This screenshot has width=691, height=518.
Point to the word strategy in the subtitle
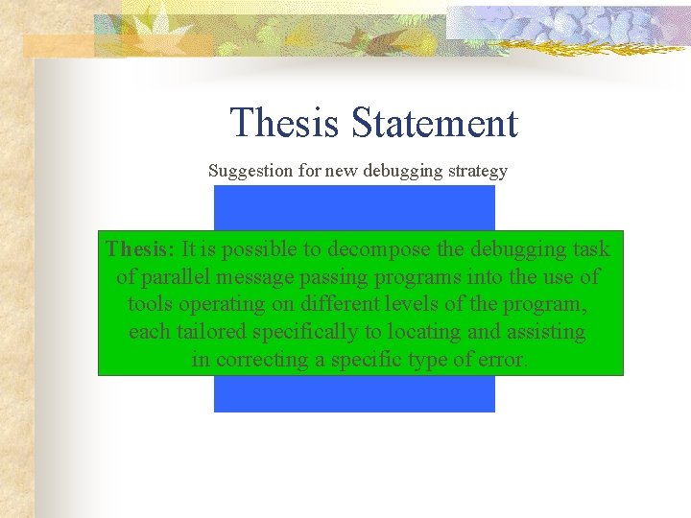click(473, 172)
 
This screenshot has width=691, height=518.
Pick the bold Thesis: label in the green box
click(140, 249)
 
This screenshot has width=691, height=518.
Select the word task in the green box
click(588, 249)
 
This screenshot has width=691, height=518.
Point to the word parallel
click(175, 277)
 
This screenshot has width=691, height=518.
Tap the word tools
click(150, 304)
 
